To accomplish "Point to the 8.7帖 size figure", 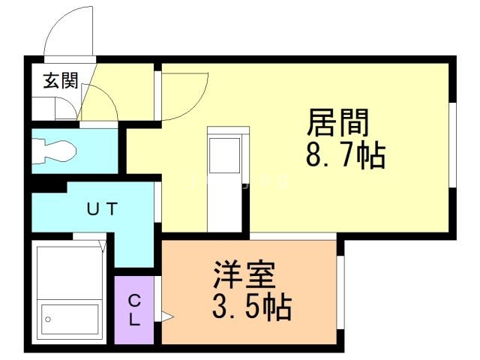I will (x=344, y=156).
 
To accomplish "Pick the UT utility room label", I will (x=102, y=209).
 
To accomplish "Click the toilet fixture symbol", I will (x=54, y=151).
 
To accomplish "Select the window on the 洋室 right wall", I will (x=340, y=292).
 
